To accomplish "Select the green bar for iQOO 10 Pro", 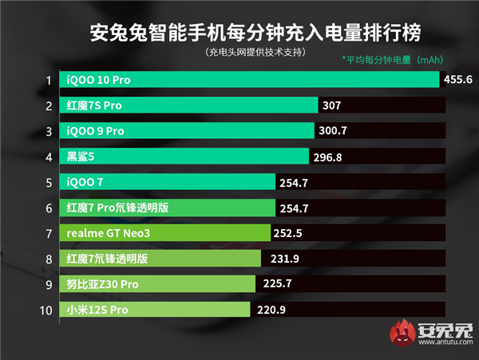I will (x=247, y=80).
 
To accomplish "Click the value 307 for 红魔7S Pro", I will (x=332, y=105).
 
